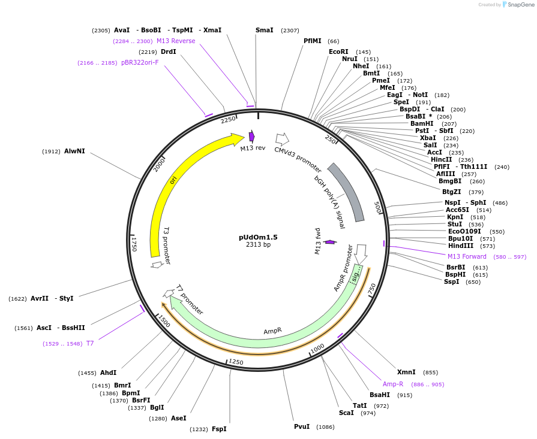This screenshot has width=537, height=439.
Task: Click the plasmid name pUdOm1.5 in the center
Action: pyautogui.click(x=258, y=237)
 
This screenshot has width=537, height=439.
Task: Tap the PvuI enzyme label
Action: pyautogui.click(x=302, y=426)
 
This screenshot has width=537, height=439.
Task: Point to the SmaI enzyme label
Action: pyautogui.click(x=264, y=30)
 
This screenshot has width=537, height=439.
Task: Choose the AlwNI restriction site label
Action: pyautogui.click(x=74, y=152)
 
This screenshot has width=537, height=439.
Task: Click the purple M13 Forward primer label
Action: pyautogui.click(x=467, y=257)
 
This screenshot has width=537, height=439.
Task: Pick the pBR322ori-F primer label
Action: pyautogui.click(x=140, y=62)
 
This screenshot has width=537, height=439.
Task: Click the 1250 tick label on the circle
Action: pyautogui.click(x=236, y=362)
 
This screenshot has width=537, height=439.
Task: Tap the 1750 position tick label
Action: pyautogui.click(x=134, y=244)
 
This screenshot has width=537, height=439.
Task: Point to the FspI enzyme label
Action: pyautogui.click(x=219, y=429)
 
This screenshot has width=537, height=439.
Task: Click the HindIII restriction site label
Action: pyautogui.click(x=460, y=246)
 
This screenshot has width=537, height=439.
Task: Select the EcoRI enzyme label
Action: pyautogui.click(x=338, y=52)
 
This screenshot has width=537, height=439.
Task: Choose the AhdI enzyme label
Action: pyautogui.click(x=109, y=373)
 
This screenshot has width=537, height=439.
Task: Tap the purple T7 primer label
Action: pyautogui.click(x=90, y=343)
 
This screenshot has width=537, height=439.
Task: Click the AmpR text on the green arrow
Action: pyautogui.click(x=272, y=331)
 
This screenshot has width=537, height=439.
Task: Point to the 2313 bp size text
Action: pyautogui.click(x=258, y=244)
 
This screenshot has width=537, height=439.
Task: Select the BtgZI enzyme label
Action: pyautogui.click(x=451, y=192)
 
